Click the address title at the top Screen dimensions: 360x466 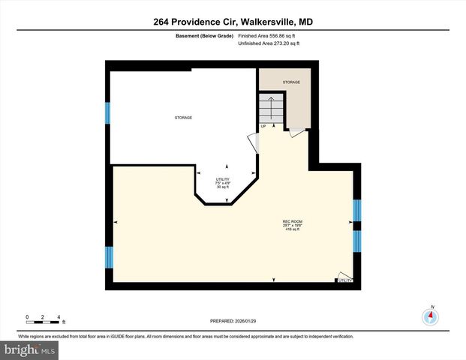(x=233, y=22)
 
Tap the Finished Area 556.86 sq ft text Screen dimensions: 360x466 (x=268, y=36)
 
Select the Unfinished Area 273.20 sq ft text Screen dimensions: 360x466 (x=268, y=43)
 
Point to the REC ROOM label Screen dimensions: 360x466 (x=292, y=221)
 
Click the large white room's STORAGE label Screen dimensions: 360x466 (x=183, y=118)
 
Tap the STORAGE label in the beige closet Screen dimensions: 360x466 (x=291, y=82)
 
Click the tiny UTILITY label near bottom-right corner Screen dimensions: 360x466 (x=344, y=280)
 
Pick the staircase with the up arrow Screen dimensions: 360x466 (x=271, y=110)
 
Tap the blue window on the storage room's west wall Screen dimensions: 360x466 (x=108, y=112)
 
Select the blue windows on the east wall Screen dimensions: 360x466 (x=357, y=225)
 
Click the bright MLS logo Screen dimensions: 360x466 (x=29, y=349)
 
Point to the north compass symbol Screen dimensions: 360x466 (x=431, y=315)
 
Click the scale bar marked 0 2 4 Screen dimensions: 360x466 (x=43, y=318)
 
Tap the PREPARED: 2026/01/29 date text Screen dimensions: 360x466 (x=233, y=320)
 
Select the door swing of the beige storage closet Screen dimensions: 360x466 (x=296, y=132)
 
